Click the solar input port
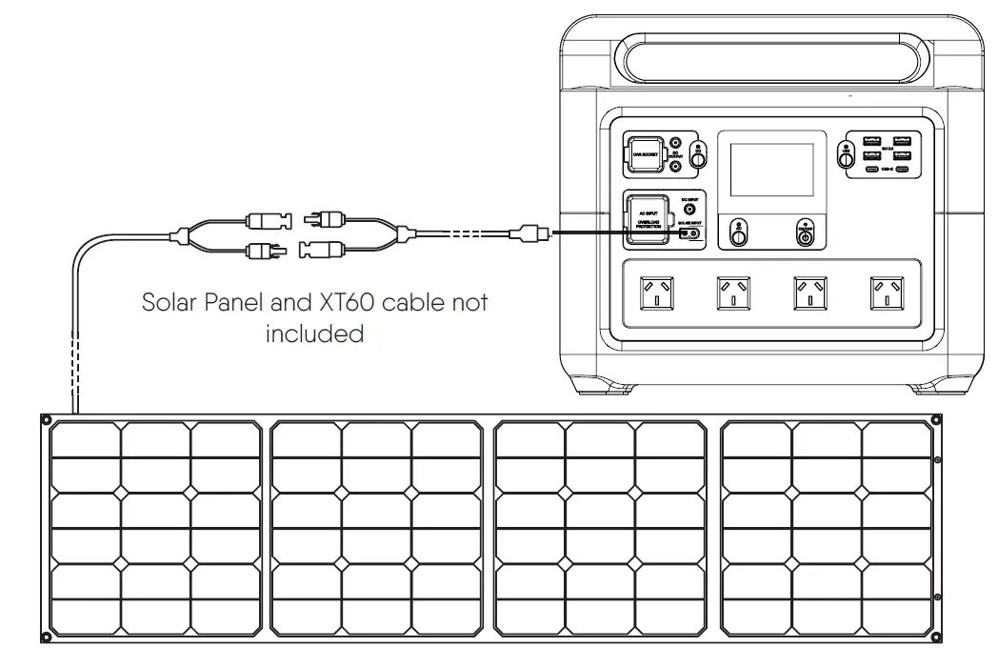click(690, 232)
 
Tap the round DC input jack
click(690, 208)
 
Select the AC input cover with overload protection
click(647, 219)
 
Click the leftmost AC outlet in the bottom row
click(655, 293)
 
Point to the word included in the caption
click(314, 333)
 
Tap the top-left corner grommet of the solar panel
click(46, 419)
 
